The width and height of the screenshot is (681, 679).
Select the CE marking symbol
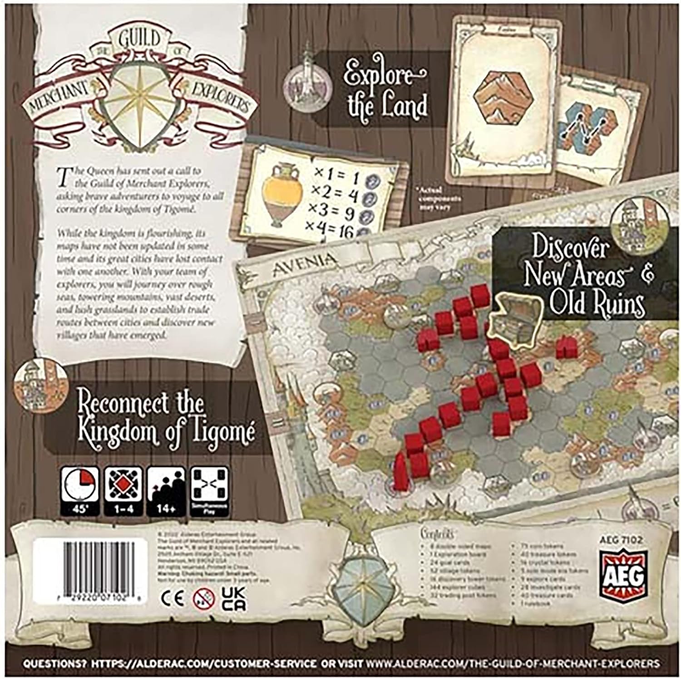(x=173, y=599)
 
